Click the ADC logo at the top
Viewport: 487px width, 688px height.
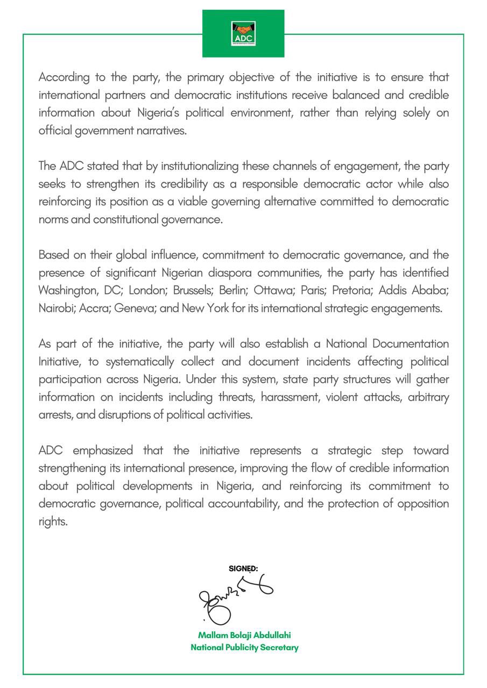tap(243, 33)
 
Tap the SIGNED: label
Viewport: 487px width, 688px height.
tap(243, 568)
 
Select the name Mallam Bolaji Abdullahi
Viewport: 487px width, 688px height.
tap(244, 635)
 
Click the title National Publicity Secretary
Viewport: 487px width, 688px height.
tap(244, 648)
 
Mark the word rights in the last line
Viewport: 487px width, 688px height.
tap(53, 522)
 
